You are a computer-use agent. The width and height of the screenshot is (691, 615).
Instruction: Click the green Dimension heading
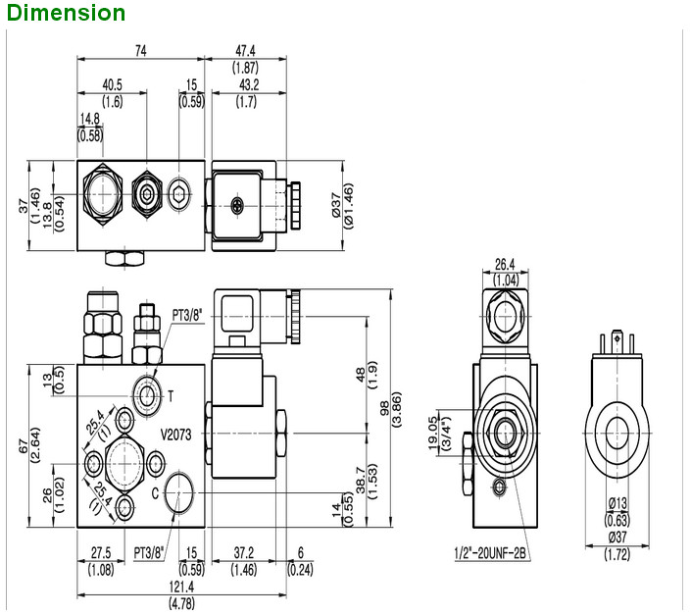tap(64, 13)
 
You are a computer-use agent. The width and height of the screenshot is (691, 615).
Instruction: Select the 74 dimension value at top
tap(142, 51)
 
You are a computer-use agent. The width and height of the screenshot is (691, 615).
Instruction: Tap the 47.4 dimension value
tap(245, 51)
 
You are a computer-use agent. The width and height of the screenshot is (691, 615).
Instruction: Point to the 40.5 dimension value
tap(112, 84)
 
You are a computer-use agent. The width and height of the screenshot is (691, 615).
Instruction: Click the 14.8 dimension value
tap(91, 120)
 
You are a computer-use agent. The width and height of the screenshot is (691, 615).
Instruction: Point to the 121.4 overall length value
tap(183, 585)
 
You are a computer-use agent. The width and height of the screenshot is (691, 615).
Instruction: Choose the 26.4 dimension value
tap(506, 264)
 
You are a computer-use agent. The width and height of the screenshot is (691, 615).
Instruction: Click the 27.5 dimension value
tap(100, 552)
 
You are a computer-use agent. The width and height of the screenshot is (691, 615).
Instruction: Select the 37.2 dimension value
tap(244, 552)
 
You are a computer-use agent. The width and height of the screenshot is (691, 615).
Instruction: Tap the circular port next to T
tap(148, 395)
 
